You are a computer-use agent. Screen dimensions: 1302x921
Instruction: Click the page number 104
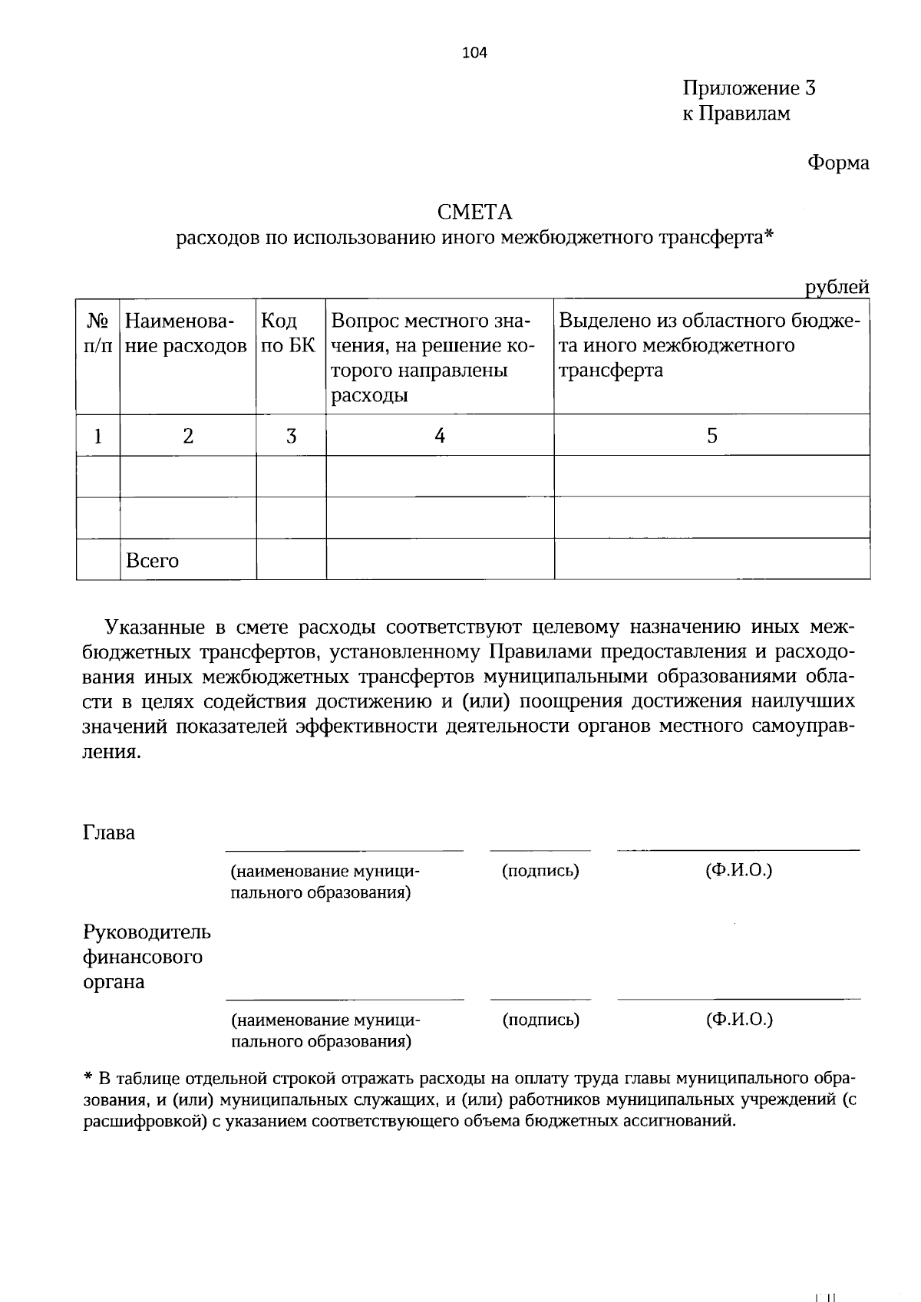pos(474,53)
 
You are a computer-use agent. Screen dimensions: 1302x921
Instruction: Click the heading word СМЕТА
pos(474,212)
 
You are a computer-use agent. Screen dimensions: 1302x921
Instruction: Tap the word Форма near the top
pos(837,163)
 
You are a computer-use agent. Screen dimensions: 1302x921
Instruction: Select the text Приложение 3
pos(748,89)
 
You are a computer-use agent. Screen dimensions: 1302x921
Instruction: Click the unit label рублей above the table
pos(837,288)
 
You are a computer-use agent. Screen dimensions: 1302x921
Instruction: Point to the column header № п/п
pos(97,333)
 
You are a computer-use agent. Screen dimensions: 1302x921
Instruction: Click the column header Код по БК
pos(289,333)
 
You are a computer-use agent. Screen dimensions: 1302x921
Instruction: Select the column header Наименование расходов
pos(187,333)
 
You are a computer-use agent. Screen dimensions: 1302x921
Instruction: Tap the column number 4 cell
pos(439,436)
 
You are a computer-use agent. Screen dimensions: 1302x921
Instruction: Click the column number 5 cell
pos(711,436)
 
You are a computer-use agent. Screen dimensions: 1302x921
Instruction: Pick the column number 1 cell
pos(97,436)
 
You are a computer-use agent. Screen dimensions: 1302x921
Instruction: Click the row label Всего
pos(152,561)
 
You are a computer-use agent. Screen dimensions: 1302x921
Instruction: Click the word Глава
pos(109,833)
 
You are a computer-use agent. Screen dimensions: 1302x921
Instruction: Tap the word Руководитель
pos(146,933)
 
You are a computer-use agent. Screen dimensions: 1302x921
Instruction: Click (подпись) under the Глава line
pos(540,871)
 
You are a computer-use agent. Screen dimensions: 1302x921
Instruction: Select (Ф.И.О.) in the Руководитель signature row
pos(738,1020)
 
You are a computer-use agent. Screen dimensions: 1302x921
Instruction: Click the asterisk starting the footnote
pos(87,1077)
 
